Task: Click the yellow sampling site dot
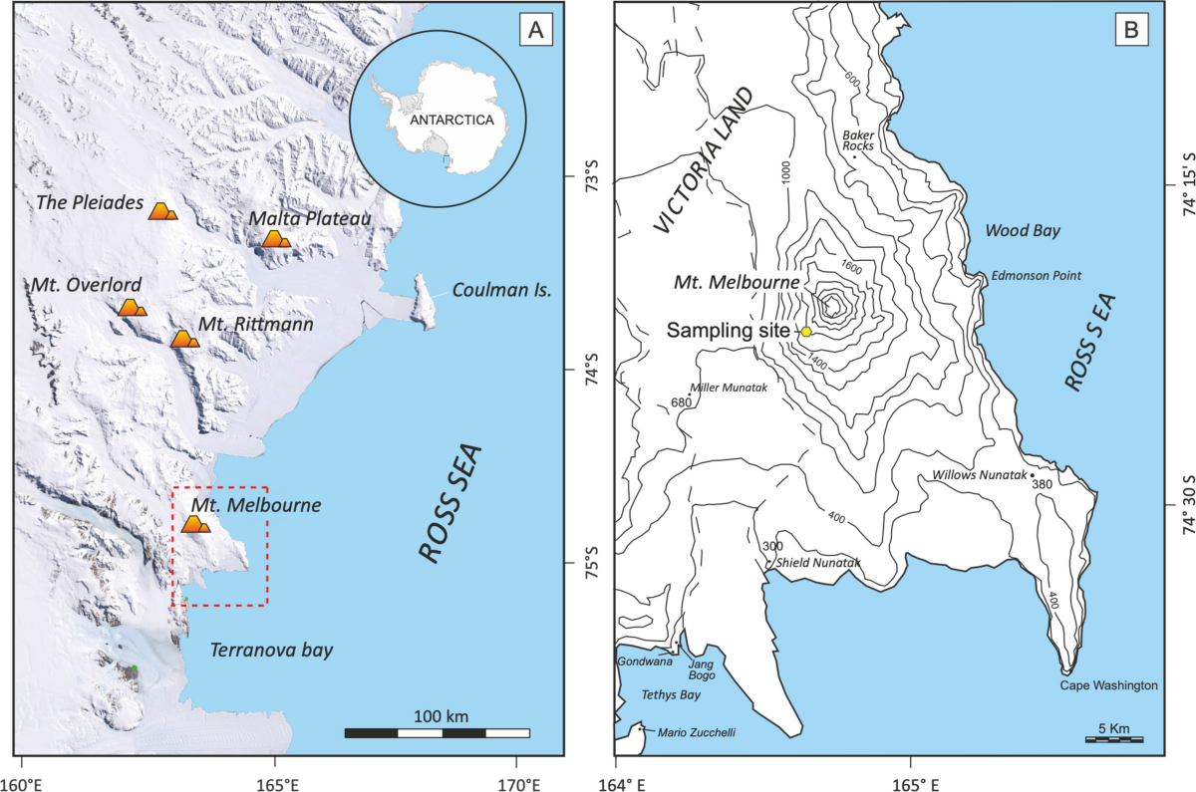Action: point(806,331)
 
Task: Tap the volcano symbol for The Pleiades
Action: point(162,210)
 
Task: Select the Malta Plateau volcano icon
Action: point(275,239)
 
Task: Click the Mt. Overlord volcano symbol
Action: point(132,308)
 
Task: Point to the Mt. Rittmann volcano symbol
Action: point(184,340)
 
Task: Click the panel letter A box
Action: point(535,32)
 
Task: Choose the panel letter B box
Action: point(1131,30)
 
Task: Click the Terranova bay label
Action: point(271,651)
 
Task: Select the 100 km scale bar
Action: point(437,733)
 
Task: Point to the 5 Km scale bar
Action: point(1114,739)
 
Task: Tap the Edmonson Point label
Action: point(1035,276)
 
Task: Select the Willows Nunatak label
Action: point(979,475)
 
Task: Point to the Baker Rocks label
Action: point(857,138)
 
